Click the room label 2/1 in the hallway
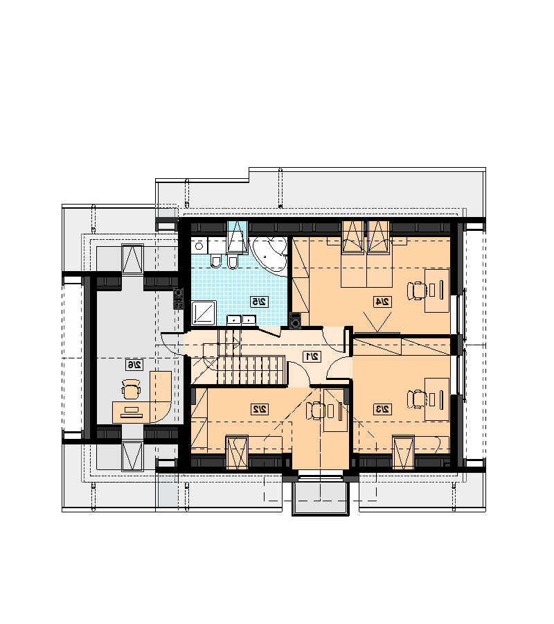[x=312, y=356]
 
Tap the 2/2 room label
[x=260, y=408]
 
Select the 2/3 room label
[x=383, y=408]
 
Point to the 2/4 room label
[x=383, y=302]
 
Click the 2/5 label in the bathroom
[x=260, y=302]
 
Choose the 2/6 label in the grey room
[x=134, y=365]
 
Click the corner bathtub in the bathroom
[x=269, y=254]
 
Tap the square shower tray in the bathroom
[x=204, y=313]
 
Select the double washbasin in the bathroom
[x=241, y=320]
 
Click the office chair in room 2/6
[x=131, y=389]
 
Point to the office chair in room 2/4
[x=417, y=291]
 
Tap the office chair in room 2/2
[x=316, y=410]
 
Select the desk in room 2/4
[x=437, y=291]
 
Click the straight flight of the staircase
[x=251, y=370]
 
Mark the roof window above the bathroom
[x=238, y=236]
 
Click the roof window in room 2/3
[x=404, y=452]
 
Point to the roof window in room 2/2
[x=238, y=452]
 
